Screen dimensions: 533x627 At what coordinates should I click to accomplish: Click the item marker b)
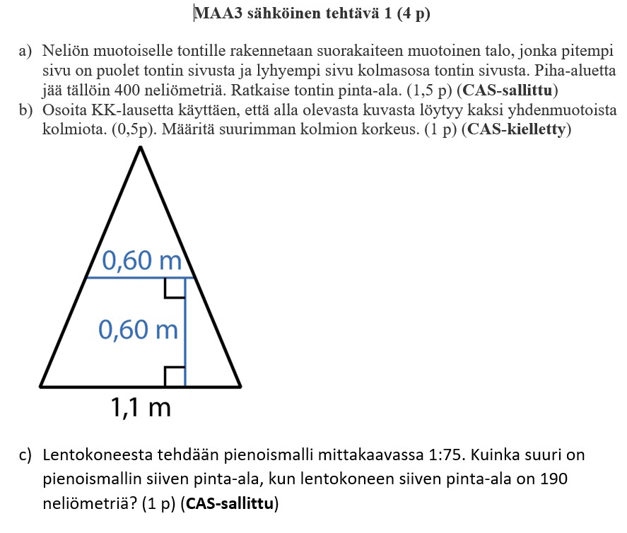pos(26,111)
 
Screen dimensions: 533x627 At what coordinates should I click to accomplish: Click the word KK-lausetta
pos(124,111)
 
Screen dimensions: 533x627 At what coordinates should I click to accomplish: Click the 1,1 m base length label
pos(140,407)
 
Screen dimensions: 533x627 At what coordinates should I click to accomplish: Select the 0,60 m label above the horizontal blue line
pos(141,262)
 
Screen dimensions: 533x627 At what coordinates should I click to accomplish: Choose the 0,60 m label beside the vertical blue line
pos(138,329)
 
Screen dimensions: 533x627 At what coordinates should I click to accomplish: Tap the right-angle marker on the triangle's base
pos(175,377)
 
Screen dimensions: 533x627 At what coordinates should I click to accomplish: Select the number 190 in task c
pos(553,479)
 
